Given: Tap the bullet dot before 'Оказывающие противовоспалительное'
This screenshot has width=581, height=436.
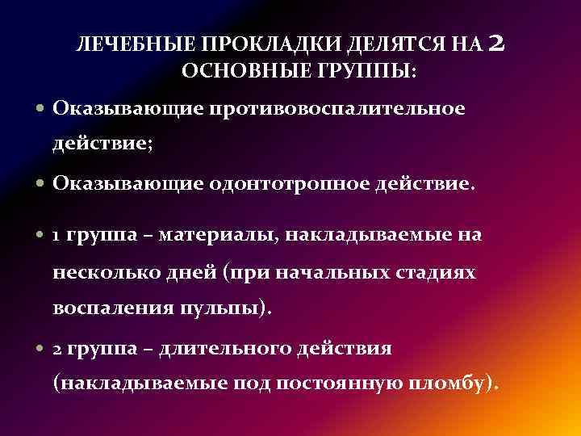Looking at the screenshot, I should pyautogui.click(x=41, y=108).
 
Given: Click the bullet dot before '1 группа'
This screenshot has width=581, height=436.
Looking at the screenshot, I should pyautogui.click(x=41, y=236).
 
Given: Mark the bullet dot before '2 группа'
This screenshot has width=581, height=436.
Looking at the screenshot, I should pyautogui.click(x=41, y=349).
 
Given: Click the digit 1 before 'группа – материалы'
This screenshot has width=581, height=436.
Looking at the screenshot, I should pyautogui.click(x=56, y=236).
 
